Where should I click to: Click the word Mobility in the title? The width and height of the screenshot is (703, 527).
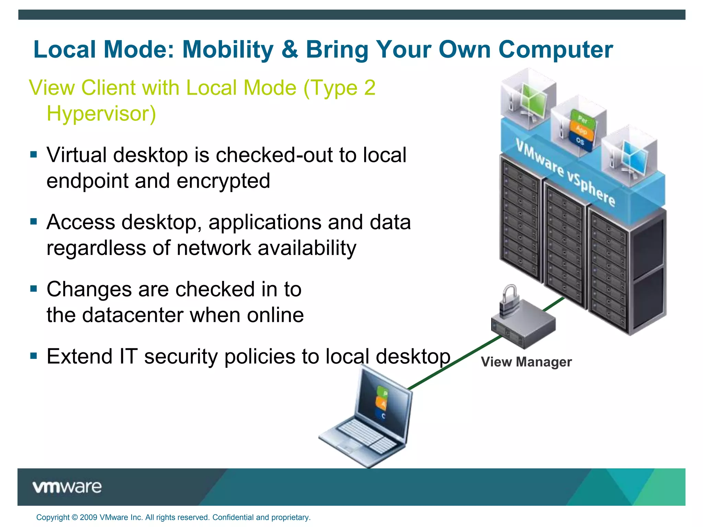click(x=228, y=50)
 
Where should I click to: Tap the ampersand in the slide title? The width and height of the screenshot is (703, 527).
click(x=290, y=50)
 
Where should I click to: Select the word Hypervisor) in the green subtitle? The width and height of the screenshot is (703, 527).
click(x=101, y=114)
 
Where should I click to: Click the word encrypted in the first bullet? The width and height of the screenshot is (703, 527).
click(x=223, y=181)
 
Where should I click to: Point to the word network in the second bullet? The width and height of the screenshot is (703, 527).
click(x=214, y=248)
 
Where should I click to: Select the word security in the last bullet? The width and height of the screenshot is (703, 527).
click(x=181, y=356)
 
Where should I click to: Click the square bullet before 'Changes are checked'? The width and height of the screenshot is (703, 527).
click(x=33, y=289)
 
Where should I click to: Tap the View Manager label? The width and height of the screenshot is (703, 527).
click(x=526, y=362)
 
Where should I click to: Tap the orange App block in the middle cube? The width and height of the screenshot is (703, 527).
click(x=581, y=130)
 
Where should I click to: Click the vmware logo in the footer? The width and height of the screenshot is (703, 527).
click(x=67, y=487)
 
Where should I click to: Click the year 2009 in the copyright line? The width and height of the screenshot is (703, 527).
click(x=89, y=517)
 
